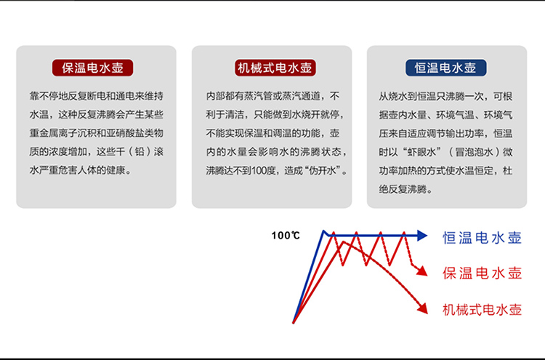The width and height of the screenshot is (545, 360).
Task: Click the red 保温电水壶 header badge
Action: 92,68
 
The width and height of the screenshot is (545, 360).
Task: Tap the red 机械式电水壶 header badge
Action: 275,68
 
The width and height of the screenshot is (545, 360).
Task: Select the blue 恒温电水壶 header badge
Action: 446,68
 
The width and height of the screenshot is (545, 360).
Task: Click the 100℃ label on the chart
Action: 286,236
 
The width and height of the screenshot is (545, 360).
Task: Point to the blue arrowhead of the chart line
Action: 422,236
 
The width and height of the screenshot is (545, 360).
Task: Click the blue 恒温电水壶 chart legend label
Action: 482,238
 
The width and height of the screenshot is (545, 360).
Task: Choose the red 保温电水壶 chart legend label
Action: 482,273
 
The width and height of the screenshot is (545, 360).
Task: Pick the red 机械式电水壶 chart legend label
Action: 482,309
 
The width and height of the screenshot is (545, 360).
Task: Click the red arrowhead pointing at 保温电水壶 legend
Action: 422,271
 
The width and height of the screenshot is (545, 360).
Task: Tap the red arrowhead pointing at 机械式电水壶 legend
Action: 423,308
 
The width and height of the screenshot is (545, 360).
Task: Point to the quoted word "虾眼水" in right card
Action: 421,152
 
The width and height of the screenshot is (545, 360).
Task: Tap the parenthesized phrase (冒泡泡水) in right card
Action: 474,152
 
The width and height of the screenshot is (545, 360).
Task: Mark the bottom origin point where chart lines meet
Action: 294,322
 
